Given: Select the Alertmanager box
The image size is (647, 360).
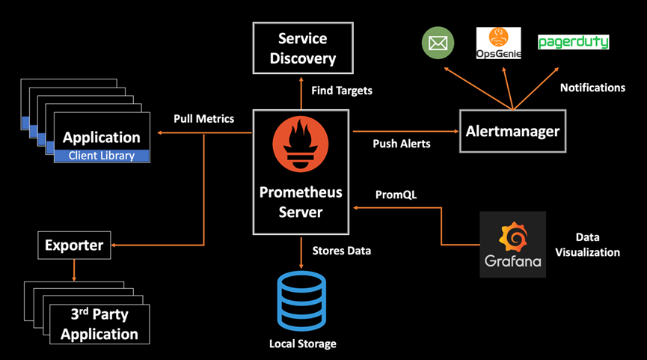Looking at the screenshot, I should click(x=512, y=131).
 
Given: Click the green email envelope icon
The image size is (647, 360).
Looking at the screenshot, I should click(x=438, y=43).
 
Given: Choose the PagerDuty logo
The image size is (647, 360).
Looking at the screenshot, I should click(x=573, y=42).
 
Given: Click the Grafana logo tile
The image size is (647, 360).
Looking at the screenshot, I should click(x=512, y=244).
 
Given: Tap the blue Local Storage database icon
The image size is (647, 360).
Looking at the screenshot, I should click(x=301, y=301).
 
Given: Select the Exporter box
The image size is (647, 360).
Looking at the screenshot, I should click(x=74, y=245).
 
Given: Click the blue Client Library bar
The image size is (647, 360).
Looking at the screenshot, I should click(x=102, y=156).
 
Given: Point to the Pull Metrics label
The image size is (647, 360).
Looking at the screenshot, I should click(x=203, y=118).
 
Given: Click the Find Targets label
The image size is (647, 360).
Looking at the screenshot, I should click(x=341, y=91).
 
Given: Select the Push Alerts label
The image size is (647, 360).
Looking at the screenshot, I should click(x=402, y=143).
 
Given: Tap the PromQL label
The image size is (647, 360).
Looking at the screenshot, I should click(x=396, y=195).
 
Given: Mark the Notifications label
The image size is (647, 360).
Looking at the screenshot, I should click(x=592, y=88).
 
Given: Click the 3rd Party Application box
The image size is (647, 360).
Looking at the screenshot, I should click(x=99, y=323).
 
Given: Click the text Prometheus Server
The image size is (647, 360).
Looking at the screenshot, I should click(x=301, y=202).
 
